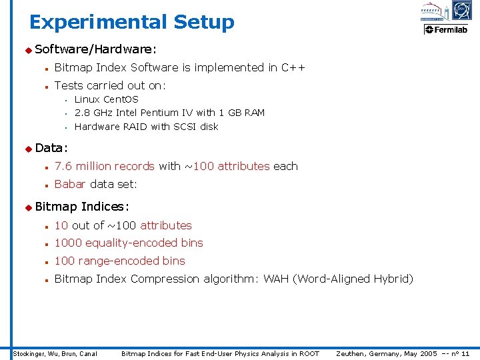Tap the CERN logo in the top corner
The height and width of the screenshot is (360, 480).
pyautogui.click(x=461, y=10)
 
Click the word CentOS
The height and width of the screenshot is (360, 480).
pyautogui.click(x=121, y=99)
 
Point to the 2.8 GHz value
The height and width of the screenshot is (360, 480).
pyautogui.click(x=94, y=113)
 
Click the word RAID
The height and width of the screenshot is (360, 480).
pyautogui.click(x=131, y=127)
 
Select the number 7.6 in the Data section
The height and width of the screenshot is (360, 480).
pyautogui.click(x=63, y=166)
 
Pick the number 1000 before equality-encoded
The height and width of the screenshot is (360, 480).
pyautogui.click(x=68, y=243)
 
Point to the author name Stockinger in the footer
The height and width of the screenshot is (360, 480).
pyautogui.click(x=29, y=353)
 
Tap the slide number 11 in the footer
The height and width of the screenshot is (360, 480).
pyautogui.click(x=465, y=353)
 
